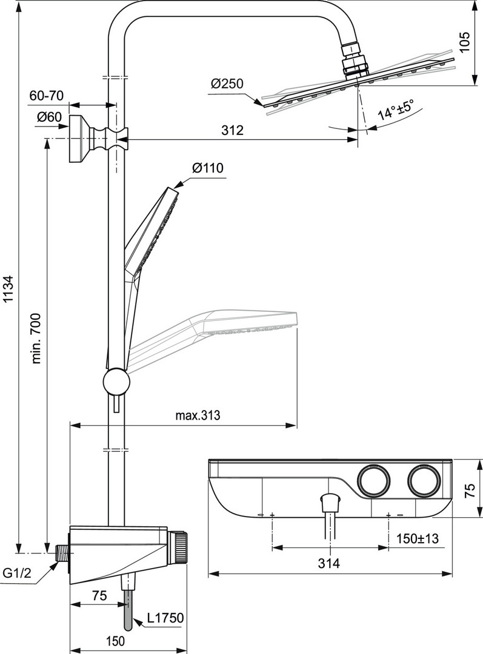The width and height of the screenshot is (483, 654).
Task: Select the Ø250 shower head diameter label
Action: (x=227, y=84)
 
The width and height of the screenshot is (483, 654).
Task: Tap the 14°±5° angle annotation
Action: (x=395, y=109)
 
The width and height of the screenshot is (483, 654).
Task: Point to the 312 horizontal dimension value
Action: (x=233, y=130)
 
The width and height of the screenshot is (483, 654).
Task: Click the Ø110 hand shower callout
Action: (x=207, y=168)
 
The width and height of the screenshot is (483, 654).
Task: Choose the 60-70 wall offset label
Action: (x=46, y=96)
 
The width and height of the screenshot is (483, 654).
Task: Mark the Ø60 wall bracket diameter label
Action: (x=49, y=117)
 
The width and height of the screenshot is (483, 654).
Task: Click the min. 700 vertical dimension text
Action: (x=37, y=339)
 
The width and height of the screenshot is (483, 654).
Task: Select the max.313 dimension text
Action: (x=198, y=415)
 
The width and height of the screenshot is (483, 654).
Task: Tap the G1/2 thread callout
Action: (x=17, y=573)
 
